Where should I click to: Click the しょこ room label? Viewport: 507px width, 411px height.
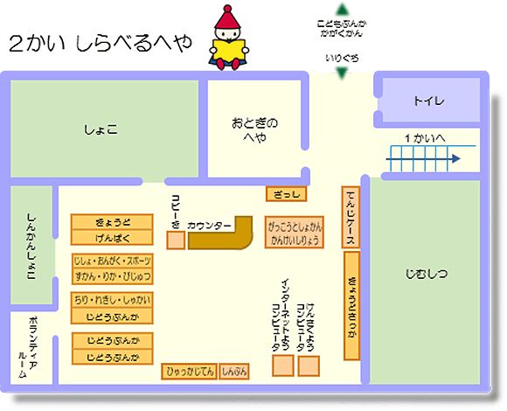tap(101, 129)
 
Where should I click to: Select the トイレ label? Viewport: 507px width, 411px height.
tap(428, 101)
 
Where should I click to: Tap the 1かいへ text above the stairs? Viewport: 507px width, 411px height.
tap(425, 138)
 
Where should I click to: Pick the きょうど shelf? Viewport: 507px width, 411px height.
tap(111, 222)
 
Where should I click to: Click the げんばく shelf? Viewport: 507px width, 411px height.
tap(111, 237)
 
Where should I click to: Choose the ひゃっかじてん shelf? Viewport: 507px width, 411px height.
tap(189, 372)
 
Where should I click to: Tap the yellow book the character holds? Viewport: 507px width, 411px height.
tap(231, 52)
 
